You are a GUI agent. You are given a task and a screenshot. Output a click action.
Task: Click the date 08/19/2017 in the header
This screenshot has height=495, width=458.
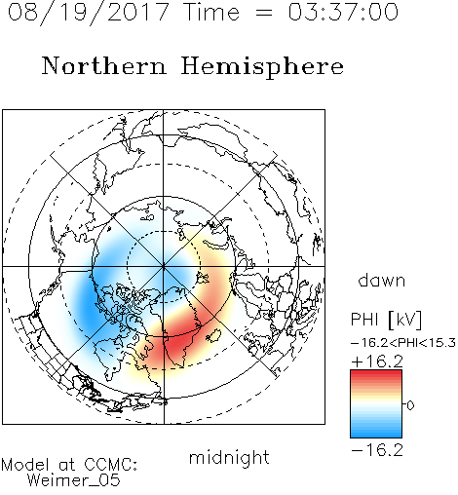pyautogui.click(x=88, y=13)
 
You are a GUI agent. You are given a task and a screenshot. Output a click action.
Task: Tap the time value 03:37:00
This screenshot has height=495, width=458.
pyautogui.click(x=343, y=12)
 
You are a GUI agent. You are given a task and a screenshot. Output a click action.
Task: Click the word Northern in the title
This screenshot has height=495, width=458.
pyautogui.click(x=104, y=65)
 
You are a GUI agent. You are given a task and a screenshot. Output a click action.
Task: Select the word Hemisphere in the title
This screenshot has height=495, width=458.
pyautogui.click(x=262, y=67)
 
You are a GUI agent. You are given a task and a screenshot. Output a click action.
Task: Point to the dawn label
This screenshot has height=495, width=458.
pyautogui.click(x=382, y=280)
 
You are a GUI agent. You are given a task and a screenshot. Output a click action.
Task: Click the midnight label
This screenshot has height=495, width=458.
pyautogui.click(x=229, y=457)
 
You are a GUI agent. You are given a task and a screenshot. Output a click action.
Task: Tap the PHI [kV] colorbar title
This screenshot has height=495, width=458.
pyautogui.click(x=386, y=320)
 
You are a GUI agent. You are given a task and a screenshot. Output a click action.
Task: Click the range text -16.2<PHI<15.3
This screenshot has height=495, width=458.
pyautogui.click(x=403, y=343)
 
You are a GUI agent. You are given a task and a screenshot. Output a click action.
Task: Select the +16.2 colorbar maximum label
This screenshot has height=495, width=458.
pyautogui.click(x=377, y=362)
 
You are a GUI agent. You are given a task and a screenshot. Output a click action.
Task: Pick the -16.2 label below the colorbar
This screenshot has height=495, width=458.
pyautogui.click(x=377, y=450)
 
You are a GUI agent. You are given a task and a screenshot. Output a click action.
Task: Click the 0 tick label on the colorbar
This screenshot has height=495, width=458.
pyautogui.click(x=410, y=405)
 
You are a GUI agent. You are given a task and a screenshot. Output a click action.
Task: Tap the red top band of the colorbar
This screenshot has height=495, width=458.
pyautogui.click(x=376, y=377)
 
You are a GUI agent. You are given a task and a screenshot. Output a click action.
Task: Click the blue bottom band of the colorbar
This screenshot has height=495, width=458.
pyautogui.click(x=376, y=432)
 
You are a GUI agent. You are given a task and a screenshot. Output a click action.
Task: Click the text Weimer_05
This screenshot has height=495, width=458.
pyautogui.click(x=74, y=480)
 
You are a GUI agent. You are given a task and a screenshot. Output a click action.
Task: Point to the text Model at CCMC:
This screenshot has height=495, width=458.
pyautogui.click(x=69, y=465)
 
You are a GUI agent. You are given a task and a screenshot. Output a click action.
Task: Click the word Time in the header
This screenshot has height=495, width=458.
pyautogui.click(x=211, y=12)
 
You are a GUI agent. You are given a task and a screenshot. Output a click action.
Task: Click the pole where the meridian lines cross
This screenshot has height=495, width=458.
pyautogui.click(x=164, y=267)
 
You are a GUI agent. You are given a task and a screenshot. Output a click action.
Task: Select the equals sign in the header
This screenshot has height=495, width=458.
pyautogui.click(x=264, y=13)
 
